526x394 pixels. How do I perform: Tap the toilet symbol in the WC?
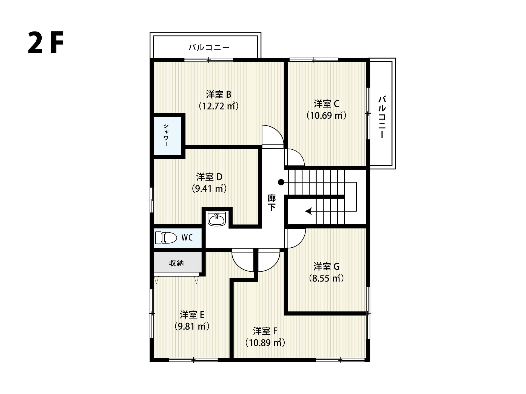coord(166,238)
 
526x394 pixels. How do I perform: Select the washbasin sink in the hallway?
coord(217,219)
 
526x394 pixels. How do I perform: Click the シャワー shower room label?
coord(166,135)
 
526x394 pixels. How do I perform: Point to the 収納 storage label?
coord(176,263)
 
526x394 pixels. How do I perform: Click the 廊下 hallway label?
coord(271,202)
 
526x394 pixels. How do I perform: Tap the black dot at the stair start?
coord(281,182)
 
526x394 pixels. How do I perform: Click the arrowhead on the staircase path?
coord(308,211)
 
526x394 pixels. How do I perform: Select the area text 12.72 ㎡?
coord(218,106)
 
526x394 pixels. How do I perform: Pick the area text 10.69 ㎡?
coord(326,115)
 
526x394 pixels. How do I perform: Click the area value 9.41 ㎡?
coord(209,189)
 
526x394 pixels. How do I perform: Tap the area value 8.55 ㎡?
coord(326,278)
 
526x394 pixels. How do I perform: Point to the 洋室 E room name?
coord(192,315)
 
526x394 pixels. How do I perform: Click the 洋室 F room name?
coord(265,331)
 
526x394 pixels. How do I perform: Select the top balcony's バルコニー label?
coord(209,48)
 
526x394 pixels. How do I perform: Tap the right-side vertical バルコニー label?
coord(382,117)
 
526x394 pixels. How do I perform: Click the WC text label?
coord(187,237)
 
